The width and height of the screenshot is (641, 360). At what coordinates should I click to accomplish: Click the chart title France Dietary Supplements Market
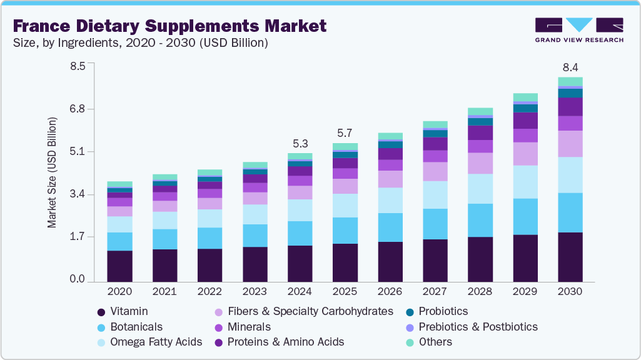click(x=169, y=26)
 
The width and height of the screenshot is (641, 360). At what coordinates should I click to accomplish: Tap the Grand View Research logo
click(x=579, y=30)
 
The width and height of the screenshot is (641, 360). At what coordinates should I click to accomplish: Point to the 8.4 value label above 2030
click(x=570, y=67)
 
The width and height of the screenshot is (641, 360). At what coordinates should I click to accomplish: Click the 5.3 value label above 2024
click(x=300, y=143)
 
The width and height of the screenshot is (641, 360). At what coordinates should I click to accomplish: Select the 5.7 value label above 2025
click(x=345, y=134)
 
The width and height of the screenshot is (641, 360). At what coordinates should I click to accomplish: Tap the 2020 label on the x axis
click(x=119, y=291)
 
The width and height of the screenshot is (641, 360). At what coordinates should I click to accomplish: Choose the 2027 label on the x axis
click(x=435, y=291)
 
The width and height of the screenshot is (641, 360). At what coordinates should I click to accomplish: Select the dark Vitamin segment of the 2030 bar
click(x=570, y=257)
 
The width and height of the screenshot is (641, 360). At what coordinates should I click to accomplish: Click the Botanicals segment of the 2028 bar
click(x=480, y=220)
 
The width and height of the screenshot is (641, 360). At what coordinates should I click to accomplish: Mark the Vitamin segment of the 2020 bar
click(x=119, y=266)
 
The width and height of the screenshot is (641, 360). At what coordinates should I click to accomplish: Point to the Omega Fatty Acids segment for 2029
click(x=525, y=182)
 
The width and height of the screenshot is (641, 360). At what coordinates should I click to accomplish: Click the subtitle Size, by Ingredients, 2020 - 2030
click(x=141, y=43)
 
